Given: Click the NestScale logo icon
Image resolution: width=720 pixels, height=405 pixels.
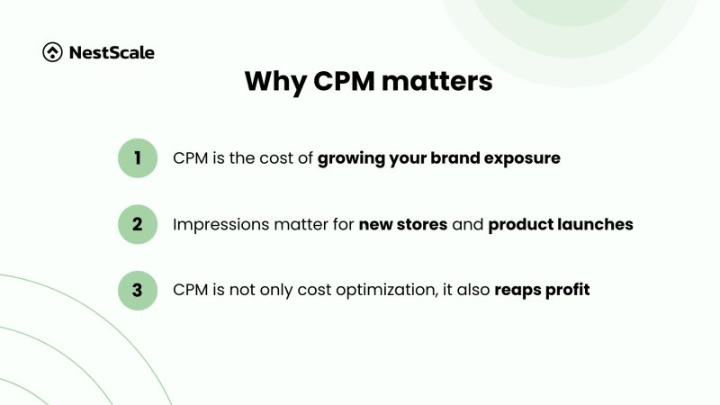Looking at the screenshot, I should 52,52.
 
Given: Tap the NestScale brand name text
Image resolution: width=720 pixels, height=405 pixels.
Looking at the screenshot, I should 112,52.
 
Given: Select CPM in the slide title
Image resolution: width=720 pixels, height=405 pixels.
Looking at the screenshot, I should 346,82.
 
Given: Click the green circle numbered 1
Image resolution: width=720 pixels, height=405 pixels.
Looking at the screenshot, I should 138,158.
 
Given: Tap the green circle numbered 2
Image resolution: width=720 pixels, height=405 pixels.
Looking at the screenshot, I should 138,224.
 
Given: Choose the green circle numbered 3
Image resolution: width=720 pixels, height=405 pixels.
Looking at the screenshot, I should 138,290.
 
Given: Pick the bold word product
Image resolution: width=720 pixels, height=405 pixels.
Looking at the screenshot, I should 517,224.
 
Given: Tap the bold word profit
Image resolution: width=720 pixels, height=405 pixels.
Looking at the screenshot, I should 569,291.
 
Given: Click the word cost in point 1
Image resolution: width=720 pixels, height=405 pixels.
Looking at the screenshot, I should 277,158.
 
